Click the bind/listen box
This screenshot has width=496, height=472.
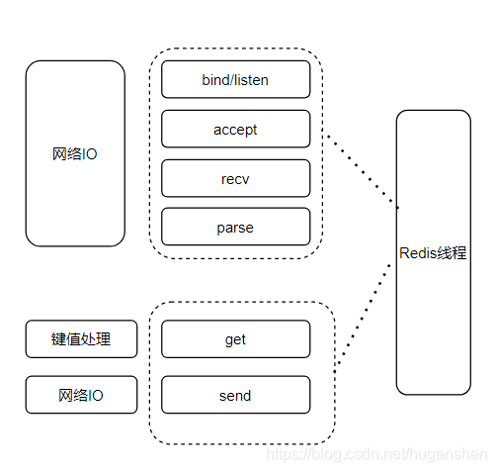point(235,79)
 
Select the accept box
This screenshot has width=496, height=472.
point(235,129)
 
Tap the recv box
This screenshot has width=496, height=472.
point(235,178)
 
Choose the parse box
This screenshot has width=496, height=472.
point(235,228)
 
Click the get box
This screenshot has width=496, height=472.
point(235,339)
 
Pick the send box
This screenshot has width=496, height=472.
point(235,395)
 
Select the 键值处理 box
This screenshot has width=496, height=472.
point(81,339)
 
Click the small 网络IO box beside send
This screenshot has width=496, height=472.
point(81,395)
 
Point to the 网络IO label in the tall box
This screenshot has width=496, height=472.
point(75,155)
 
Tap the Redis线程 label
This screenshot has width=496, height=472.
point(433,252)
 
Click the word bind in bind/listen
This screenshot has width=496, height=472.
point(215,79)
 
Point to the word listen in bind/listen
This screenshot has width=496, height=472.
point(250,79)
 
